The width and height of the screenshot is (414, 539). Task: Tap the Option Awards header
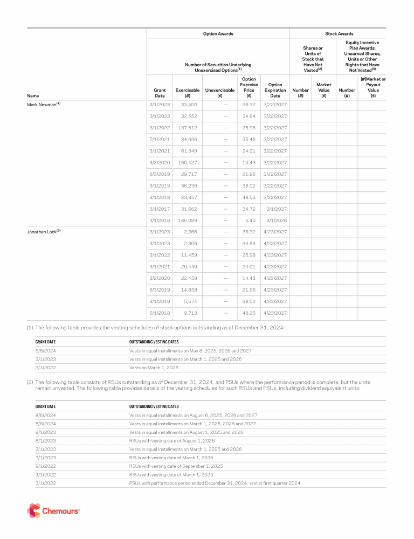(x=218, y=33)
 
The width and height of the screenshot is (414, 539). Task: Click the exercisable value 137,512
(x=187, y=128)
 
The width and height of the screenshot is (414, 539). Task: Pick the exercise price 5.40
(x=249, y=220)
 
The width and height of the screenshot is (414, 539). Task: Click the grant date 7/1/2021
(x=160, y=140)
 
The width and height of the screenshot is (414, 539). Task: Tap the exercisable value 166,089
(x=187, y=220)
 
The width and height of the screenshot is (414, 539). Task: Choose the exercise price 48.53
(x=249, y=197)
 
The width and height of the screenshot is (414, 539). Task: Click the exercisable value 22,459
(x=189, y=278)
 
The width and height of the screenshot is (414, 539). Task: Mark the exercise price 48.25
(x=249, y=313)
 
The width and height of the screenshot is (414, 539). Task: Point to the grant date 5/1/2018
(x=160, y=313)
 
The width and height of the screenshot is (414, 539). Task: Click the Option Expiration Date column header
(x=275, y=90)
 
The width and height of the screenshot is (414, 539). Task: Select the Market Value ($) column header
(x=323, y=90)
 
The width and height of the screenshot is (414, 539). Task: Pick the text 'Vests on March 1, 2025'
(x=154, y=368)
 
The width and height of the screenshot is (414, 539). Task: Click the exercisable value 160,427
(x=187, y=163)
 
